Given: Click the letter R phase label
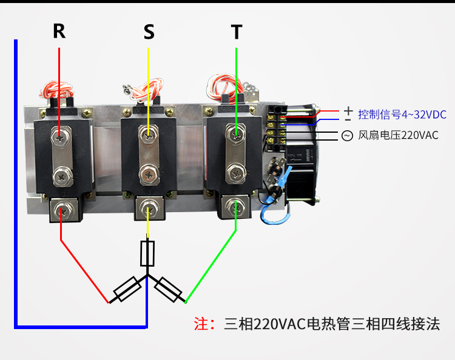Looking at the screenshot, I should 59,31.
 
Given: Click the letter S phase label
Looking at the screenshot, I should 149,32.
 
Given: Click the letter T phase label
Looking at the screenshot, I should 237,32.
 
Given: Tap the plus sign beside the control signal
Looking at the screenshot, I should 348,110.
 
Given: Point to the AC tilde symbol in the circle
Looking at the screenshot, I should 347,136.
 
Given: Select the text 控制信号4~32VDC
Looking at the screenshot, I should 402,115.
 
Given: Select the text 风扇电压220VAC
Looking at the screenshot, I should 399,136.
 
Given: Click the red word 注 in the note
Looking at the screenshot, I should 200,324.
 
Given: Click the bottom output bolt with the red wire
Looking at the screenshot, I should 61,211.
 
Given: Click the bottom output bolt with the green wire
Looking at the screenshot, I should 235,208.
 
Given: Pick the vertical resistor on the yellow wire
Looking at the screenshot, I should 147,253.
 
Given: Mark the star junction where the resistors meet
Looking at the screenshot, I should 147,276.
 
